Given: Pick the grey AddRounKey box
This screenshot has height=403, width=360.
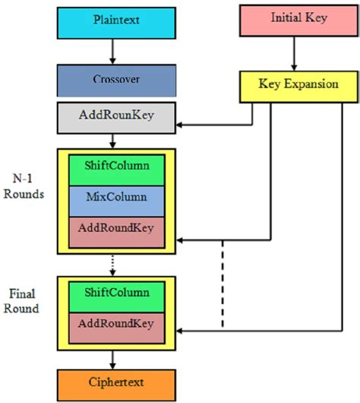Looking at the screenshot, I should [112, 118].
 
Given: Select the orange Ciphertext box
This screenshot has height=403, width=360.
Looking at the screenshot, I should [112, 382].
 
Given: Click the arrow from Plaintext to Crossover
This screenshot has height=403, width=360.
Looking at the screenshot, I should [112, 51].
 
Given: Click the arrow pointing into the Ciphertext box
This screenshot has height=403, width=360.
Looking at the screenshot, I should [112, 359].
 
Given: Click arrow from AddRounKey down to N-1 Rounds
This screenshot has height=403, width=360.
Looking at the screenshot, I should [112, 141].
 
